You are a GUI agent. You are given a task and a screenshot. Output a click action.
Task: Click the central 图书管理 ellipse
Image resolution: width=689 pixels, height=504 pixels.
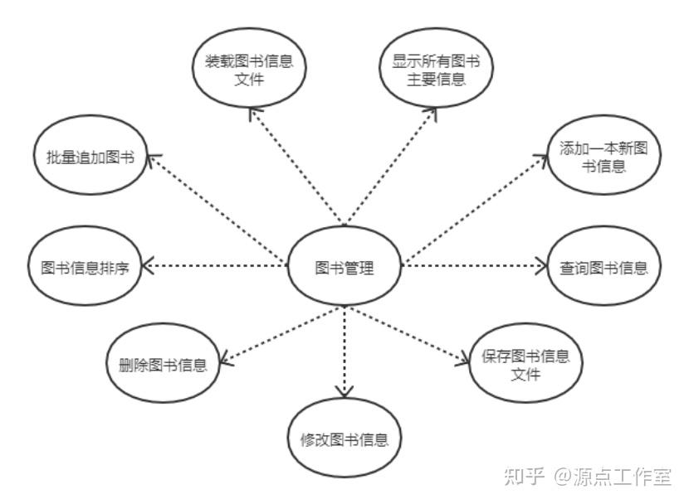[344, 268]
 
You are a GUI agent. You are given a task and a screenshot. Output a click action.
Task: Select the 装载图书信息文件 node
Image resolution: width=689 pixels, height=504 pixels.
[250, 70]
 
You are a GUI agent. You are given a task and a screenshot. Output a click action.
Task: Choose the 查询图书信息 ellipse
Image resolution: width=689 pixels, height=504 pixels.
[604, 268]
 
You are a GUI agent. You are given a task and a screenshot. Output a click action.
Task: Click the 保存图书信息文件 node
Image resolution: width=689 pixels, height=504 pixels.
[525, 366]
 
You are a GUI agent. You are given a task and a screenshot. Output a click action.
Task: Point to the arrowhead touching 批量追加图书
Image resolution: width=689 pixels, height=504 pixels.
[153, 158]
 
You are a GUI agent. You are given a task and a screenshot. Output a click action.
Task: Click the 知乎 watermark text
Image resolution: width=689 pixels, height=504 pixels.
[524, 477]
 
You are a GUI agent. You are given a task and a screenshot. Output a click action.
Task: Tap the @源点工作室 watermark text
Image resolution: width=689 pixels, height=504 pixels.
[613, 477]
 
